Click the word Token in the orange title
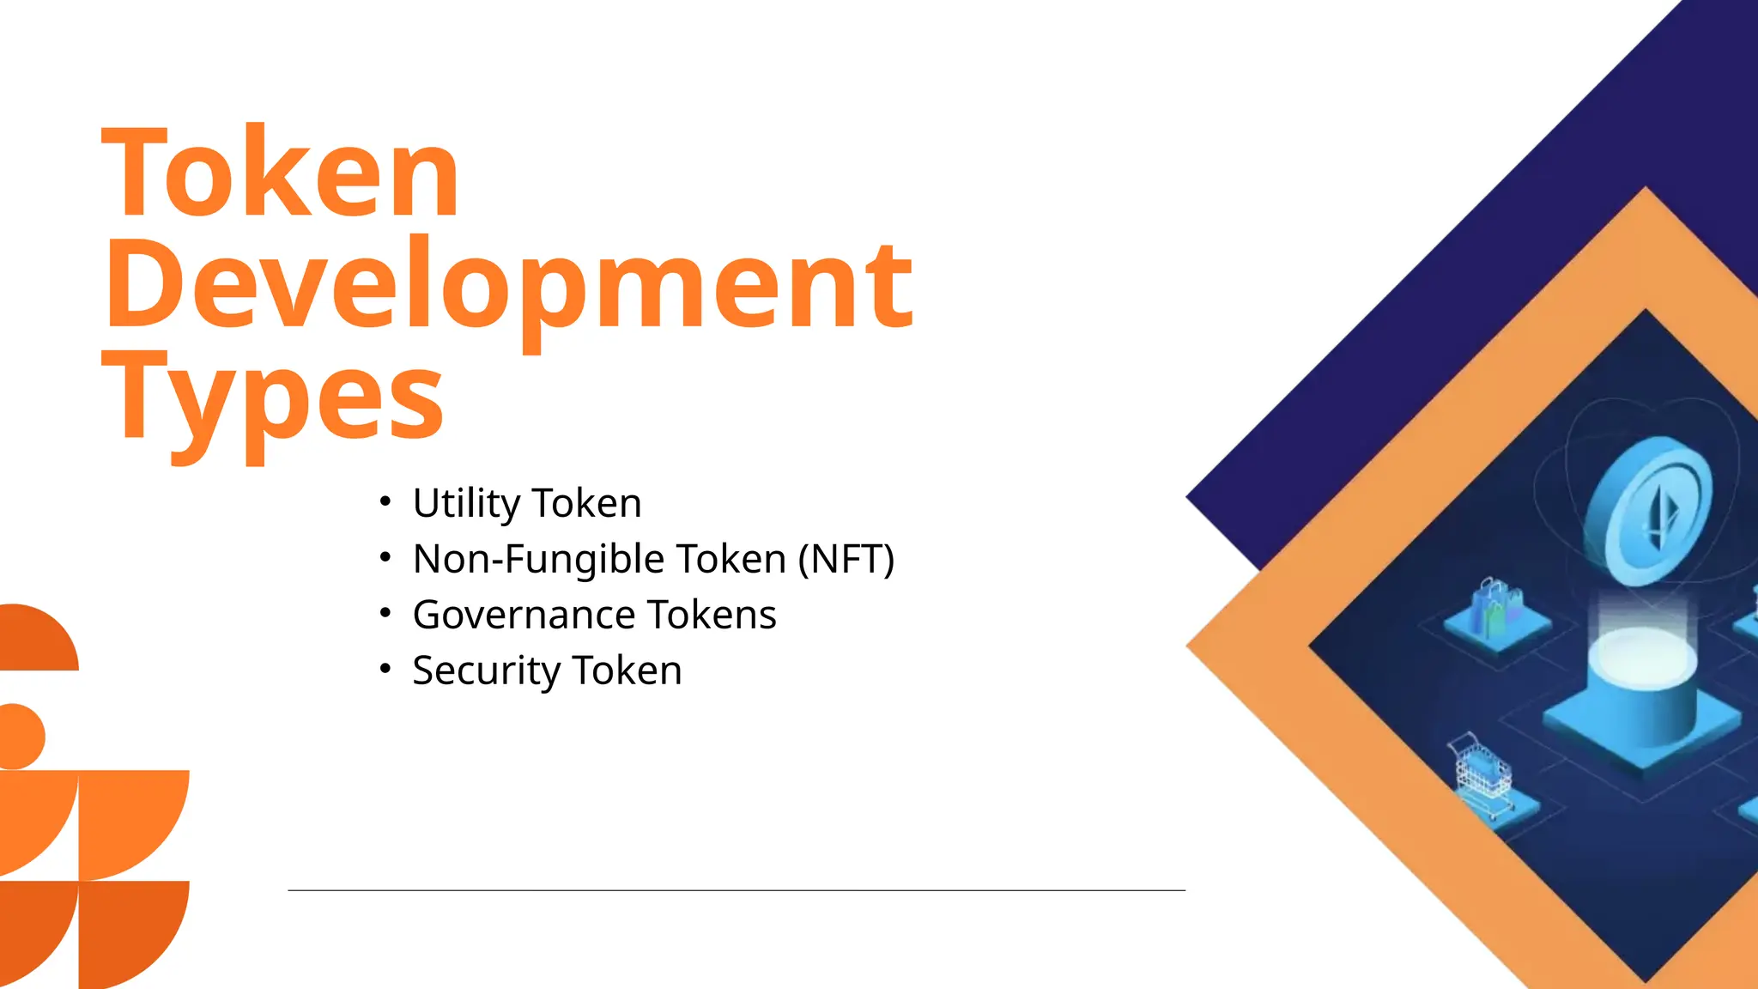click(x=281, y=172)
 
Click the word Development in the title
click(x=508, y=285)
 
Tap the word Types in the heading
click(x=273, y=399)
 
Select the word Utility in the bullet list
click(x=466, y=503)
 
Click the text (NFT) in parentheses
click(x=846, y=559)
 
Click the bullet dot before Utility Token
click(x=385, y=501)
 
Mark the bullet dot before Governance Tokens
click(x=385, y=613)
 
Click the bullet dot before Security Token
click(x=385, y=669)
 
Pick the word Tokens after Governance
click(x=712, y=615)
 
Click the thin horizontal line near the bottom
click(x=737, y=890)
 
